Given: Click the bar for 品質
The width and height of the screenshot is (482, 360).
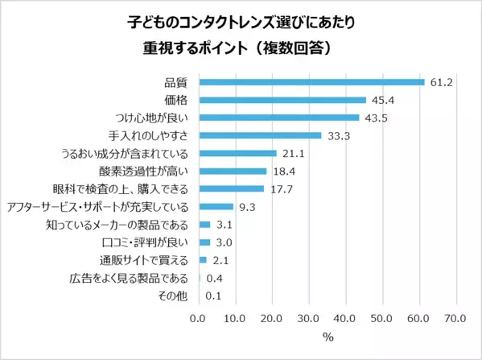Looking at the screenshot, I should tap(311, 81).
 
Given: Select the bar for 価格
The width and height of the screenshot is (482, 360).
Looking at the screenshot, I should tap(282, 100).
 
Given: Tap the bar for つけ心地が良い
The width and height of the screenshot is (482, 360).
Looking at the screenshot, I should tap(279, 118).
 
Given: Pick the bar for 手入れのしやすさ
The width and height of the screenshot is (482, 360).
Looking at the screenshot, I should tap(260, 135).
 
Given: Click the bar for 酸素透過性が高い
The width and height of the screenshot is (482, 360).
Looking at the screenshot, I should tap(233, 171).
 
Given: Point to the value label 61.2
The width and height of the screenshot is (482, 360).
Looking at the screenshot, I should tap(440, 81).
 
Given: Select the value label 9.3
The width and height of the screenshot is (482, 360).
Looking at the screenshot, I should tap(247, 207).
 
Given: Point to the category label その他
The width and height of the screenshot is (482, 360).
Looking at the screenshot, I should tap(175, 296).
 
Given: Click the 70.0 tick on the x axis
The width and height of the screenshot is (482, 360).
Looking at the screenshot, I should tap(455, 318).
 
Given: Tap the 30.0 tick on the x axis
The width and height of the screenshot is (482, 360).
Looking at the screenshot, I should tap(309, 318).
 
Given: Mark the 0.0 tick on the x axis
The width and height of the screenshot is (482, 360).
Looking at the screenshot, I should tap(199, 318).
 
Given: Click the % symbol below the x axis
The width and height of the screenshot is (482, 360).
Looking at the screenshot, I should tap(328, 337).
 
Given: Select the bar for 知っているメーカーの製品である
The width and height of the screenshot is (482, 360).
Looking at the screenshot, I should tap(204, 225).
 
